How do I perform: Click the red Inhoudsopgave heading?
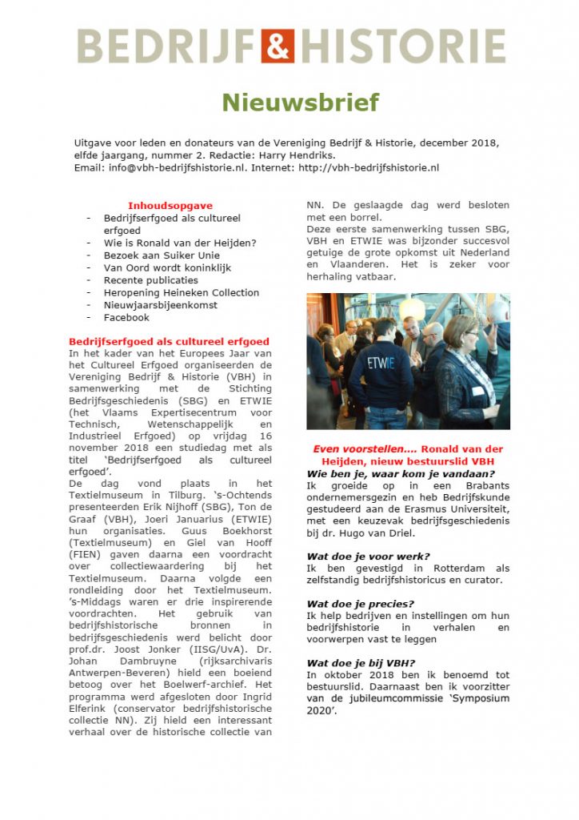170,206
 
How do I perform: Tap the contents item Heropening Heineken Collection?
182,292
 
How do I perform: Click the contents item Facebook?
126,317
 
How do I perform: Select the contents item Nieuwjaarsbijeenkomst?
161,305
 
